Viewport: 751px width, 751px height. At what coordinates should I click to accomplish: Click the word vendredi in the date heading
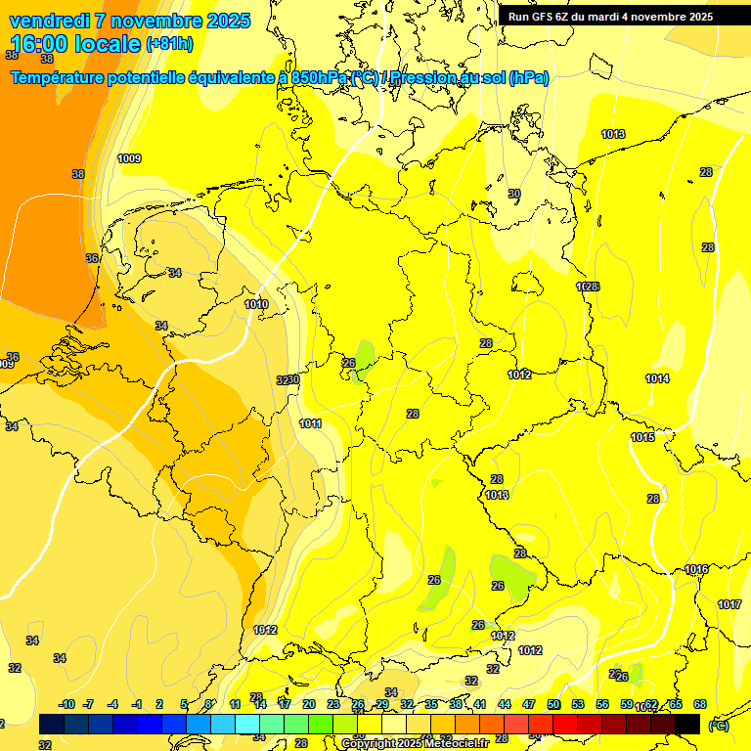click(49, 21)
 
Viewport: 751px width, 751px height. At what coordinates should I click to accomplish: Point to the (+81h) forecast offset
click(169, 45)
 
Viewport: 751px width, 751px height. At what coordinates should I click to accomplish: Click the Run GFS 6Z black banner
click(610, 17)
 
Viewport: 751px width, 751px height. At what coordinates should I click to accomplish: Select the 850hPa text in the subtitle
click(319, 78)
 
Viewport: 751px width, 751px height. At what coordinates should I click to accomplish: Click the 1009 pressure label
click(129, 158)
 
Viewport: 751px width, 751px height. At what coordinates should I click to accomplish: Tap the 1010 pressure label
click(256, 304)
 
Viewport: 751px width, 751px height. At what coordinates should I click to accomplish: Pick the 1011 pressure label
click(310, 423)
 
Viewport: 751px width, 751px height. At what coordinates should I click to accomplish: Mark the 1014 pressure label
click(657, 378)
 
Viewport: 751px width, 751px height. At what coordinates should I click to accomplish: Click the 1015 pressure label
click(642, 437)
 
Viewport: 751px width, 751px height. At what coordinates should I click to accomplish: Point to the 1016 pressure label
click(696, 569)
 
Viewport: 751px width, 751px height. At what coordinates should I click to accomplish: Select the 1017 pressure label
click(729, 604)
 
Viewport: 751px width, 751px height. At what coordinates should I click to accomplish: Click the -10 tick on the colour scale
click(66, 704)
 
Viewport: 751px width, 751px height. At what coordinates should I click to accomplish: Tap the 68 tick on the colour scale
click(700, 704)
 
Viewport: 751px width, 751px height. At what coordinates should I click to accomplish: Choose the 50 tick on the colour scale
click(553, 704)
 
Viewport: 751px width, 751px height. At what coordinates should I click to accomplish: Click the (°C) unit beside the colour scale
click(718, 726)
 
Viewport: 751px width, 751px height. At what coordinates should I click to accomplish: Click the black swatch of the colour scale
click(687, 724)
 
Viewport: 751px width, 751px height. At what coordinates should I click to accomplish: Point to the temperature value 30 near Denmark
click(514, 194)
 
